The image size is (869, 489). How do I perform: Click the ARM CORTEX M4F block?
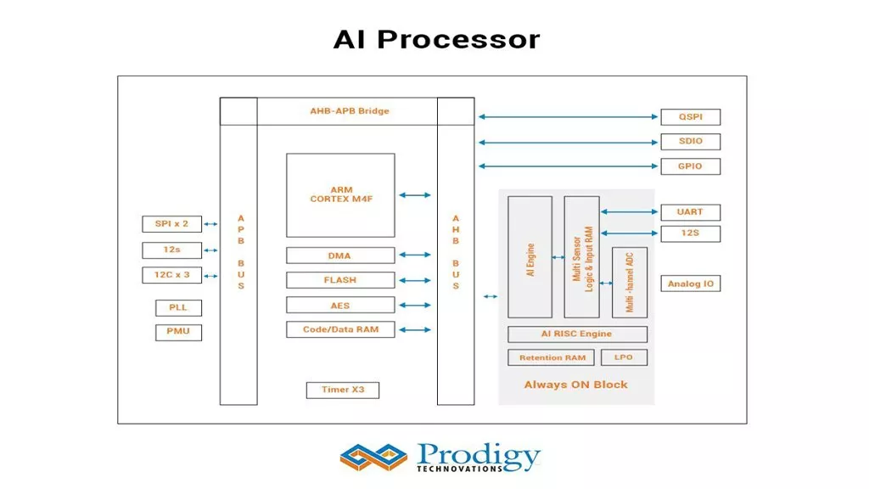pos(340,195)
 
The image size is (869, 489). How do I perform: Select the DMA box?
pos(340,256)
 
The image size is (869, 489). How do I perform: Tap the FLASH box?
pos(340,280)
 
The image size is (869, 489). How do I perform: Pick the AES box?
pos(340,306)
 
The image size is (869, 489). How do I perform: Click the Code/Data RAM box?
pos(340,329)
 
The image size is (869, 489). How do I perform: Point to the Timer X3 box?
pos(342,390)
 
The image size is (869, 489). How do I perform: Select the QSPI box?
pos(690,117)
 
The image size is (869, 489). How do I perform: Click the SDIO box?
pos(690,142)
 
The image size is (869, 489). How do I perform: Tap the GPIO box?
pos(690,166)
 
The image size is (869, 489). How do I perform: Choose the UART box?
pos(690,211)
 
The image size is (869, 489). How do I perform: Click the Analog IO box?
pos(690,284)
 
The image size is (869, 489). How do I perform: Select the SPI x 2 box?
pos(171,224)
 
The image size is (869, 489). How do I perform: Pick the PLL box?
pos(178,307)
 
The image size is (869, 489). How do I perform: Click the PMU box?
pos(178,332)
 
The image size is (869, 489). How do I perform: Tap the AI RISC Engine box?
pos(577,334)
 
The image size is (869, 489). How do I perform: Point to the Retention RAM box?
pos(552,358)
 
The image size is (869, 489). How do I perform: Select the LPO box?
pos(624,357)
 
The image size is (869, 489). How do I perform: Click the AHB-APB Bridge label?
pos(349,111)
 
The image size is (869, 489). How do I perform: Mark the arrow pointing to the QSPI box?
pos(569,117)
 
